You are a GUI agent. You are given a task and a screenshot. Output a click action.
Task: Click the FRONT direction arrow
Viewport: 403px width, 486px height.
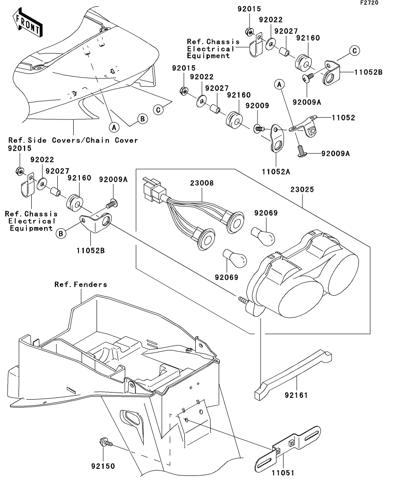coord(27,23)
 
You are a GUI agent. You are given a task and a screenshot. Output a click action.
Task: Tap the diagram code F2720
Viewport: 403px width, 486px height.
coord(369,3)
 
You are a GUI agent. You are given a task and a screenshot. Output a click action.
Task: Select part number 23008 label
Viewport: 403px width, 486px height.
coord(201,183)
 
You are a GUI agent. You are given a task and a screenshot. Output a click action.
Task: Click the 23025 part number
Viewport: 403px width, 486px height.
coord(302,189)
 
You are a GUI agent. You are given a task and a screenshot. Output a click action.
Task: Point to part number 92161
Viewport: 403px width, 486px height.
coord(296,395)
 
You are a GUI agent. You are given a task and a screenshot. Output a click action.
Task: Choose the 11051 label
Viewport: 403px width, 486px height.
coord(283,473)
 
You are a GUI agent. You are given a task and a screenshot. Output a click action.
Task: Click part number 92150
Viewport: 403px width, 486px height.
coord(103,466)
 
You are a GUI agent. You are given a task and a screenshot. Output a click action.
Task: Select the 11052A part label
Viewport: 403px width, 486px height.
coord(276,171)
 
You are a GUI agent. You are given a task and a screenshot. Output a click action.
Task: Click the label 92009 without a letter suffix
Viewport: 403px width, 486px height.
coord(257,106)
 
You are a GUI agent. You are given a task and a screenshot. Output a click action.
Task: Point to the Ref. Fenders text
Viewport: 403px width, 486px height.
coord(81,284)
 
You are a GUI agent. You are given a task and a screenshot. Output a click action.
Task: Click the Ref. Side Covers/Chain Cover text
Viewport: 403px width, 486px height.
coord(73,140)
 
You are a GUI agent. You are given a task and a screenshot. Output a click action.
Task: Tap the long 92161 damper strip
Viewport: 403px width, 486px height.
coord(293,375)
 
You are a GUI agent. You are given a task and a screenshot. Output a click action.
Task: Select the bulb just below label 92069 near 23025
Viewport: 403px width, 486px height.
coord(263,236)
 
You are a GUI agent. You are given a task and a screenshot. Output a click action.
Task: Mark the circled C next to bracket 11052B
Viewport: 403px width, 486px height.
coord(354,51)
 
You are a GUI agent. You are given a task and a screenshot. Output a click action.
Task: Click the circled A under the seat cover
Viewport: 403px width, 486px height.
coord(114,127)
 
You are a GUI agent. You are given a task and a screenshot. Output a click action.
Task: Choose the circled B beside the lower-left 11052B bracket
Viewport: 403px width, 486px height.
coord(61,234)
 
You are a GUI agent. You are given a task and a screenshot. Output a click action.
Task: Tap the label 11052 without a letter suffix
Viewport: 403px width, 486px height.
coord(343,118)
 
